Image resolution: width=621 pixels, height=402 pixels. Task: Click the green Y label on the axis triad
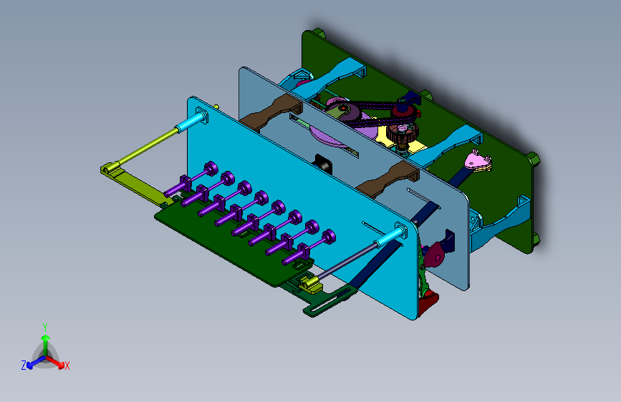click(x=45, y=328)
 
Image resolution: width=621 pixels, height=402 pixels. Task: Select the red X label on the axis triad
click(x=67, y=366)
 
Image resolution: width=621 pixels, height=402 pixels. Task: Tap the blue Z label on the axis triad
click(x=24, y=366)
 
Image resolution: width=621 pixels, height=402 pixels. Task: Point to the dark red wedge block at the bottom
click(x=428, y=303)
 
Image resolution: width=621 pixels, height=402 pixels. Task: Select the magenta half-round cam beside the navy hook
click(x=433, y=255)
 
